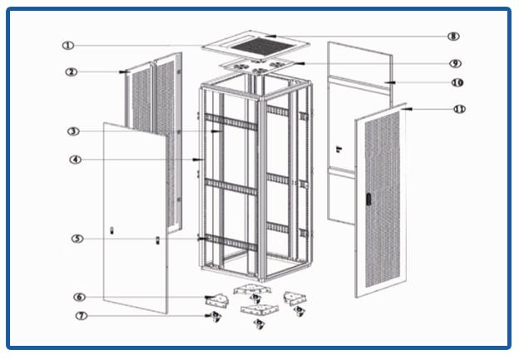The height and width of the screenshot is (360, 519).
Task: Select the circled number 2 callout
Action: (72, 72)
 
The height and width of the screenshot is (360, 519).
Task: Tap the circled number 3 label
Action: (73, 131)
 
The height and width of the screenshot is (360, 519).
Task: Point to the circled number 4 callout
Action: (75, 160)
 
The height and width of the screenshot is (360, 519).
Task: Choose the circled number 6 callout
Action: (79, 297)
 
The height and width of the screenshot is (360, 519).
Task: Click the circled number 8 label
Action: (453, 37)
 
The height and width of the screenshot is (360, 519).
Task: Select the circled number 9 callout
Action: (455, 64)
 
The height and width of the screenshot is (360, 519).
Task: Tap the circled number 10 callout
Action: (457, 83)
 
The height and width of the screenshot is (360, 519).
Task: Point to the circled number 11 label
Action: (459, 109)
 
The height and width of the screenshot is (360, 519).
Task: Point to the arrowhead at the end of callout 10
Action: (388, 83)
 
